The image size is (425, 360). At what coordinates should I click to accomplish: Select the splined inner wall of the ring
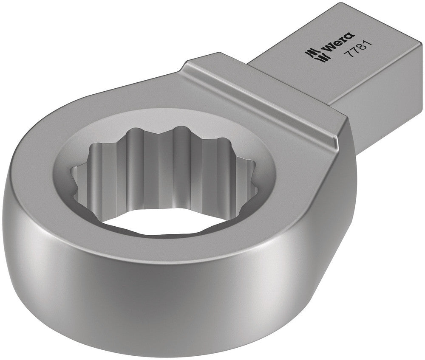[170, 170]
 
